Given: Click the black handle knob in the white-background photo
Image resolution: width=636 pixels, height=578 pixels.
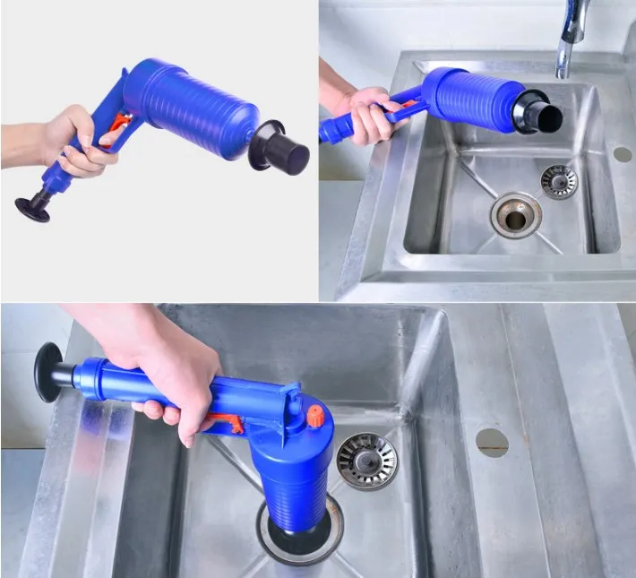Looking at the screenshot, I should tap(33, 208).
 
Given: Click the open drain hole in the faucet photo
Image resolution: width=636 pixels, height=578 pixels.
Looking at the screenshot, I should tap(515, 215).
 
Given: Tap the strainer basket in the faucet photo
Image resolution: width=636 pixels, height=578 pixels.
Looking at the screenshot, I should tap(559, 181).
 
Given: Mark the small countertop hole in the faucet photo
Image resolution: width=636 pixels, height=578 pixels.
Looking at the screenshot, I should tap(622, 153).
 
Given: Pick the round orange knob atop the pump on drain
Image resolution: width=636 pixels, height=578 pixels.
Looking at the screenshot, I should tap(314, 416).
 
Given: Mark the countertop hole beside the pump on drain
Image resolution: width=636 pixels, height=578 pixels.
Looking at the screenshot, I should tap(492, 441).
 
